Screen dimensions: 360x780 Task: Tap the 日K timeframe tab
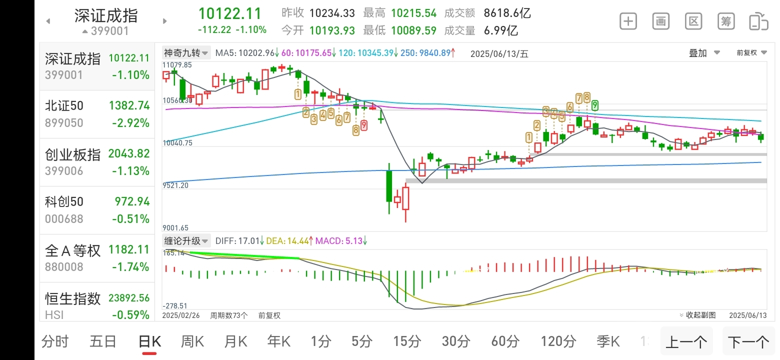(x=149, y=342)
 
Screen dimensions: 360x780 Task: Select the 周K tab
(x=192, y=342)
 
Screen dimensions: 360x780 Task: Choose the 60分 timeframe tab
(x=505, y=342)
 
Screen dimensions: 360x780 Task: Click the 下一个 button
(x=748, y=342)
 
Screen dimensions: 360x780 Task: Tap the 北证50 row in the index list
(x=97, y=114)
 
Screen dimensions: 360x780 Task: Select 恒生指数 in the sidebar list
(x=97, y=306)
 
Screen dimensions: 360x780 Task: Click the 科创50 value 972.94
(x=132, y=201)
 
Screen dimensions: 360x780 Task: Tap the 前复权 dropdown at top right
(x=751, y=53)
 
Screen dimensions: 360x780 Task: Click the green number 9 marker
(x=595, y=105)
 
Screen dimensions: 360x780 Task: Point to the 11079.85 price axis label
(x=177, y=65)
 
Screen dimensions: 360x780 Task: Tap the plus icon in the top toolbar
(x=628, y=21)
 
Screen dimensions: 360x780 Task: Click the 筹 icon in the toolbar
(x=726, y=21)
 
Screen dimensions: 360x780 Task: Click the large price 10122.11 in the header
(x=230, y=13)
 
